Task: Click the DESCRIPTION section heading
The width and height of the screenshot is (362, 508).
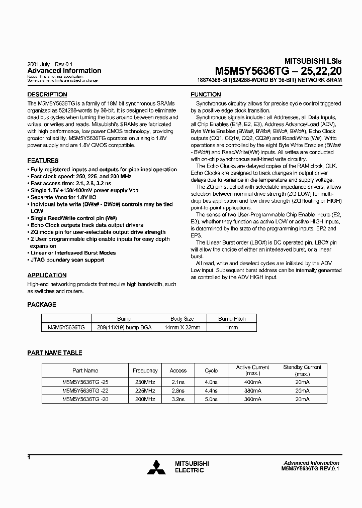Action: [47, 94]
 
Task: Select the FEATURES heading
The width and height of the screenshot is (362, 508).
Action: [43, 161]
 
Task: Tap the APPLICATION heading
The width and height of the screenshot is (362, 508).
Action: [47, 275]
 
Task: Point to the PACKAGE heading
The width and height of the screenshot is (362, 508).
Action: [41, 304]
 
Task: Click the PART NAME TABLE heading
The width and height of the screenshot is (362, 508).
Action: [54, 353]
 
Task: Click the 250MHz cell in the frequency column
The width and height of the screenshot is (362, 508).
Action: [145, 383]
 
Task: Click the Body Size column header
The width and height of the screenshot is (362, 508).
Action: [182, 319]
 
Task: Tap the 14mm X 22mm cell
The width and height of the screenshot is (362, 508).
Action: [182, 327]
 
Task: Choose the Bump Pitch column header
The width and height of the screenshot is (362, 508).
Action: [232, 319]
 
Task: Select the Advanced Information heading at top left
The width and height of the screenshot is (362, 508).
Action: [64, 71]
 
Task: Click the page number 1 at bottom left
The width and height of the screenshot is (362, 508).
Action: [29, 457]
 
